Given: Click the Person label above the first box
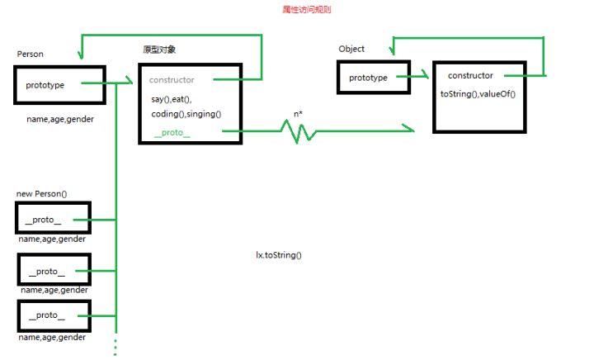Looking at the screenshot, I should point(31,54).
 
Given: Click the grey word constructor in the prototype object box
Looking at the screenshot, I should point(172,80).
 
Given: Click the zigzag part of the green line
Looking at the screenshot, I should point(298,130).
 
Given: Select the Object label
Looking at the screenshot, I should point(351,49).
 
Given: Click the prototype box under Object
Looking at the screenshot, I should point(370,78).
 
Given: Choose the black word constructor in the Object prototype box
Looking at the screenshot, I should point(470,76).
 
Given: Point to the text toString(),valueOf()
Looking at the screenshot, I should point(478,94).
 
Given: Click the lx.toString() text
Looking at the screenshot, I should point(279,255).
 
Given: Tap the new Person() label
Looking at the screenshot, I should point(41,193).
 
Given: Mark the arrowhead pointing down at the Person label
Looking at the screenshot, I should point(81,54).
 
